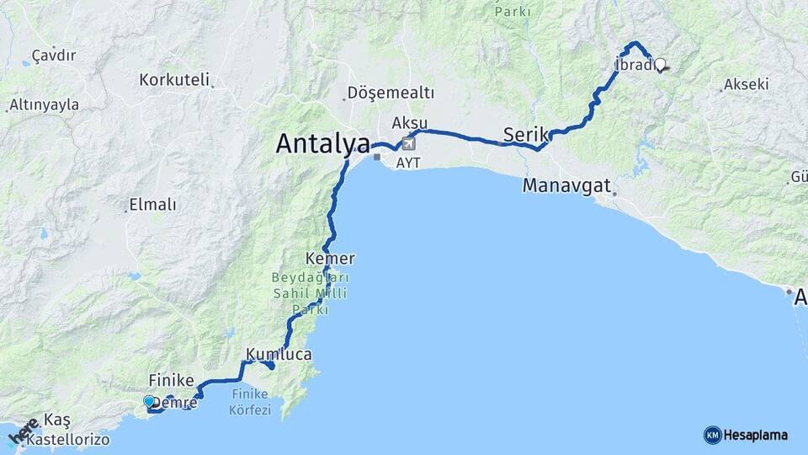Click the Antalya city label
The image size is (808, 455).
(322, 144)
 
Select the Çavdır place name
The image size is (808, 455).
(54, 56)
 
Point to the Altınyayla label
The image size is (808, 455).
(44, 105)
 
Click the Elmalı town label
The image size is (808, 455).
(151, 205)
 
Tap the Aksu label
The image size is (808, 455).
(409, 124)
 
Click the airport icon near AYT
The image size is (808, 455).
(409, 142)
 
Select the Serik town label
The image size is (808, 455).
(525, 134)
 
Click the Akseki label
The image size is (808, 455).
(746, 84)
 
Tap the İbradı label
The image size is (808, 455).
(634, 66)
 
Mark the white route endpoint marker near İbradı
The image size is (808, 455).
(660, 64)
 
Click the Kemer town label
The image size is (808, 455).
(331, 259)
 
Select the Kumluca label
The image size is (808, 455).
(279, 355)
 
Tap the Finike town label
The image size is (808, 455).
(172, 380)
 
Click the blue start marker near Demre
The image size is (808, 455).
(149, 402)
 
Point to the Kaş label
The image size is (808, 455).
(58, 420)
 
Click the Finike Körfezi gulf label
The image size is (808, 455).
(249, 402)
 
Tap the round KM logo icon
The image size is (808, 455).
(712, 435)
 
